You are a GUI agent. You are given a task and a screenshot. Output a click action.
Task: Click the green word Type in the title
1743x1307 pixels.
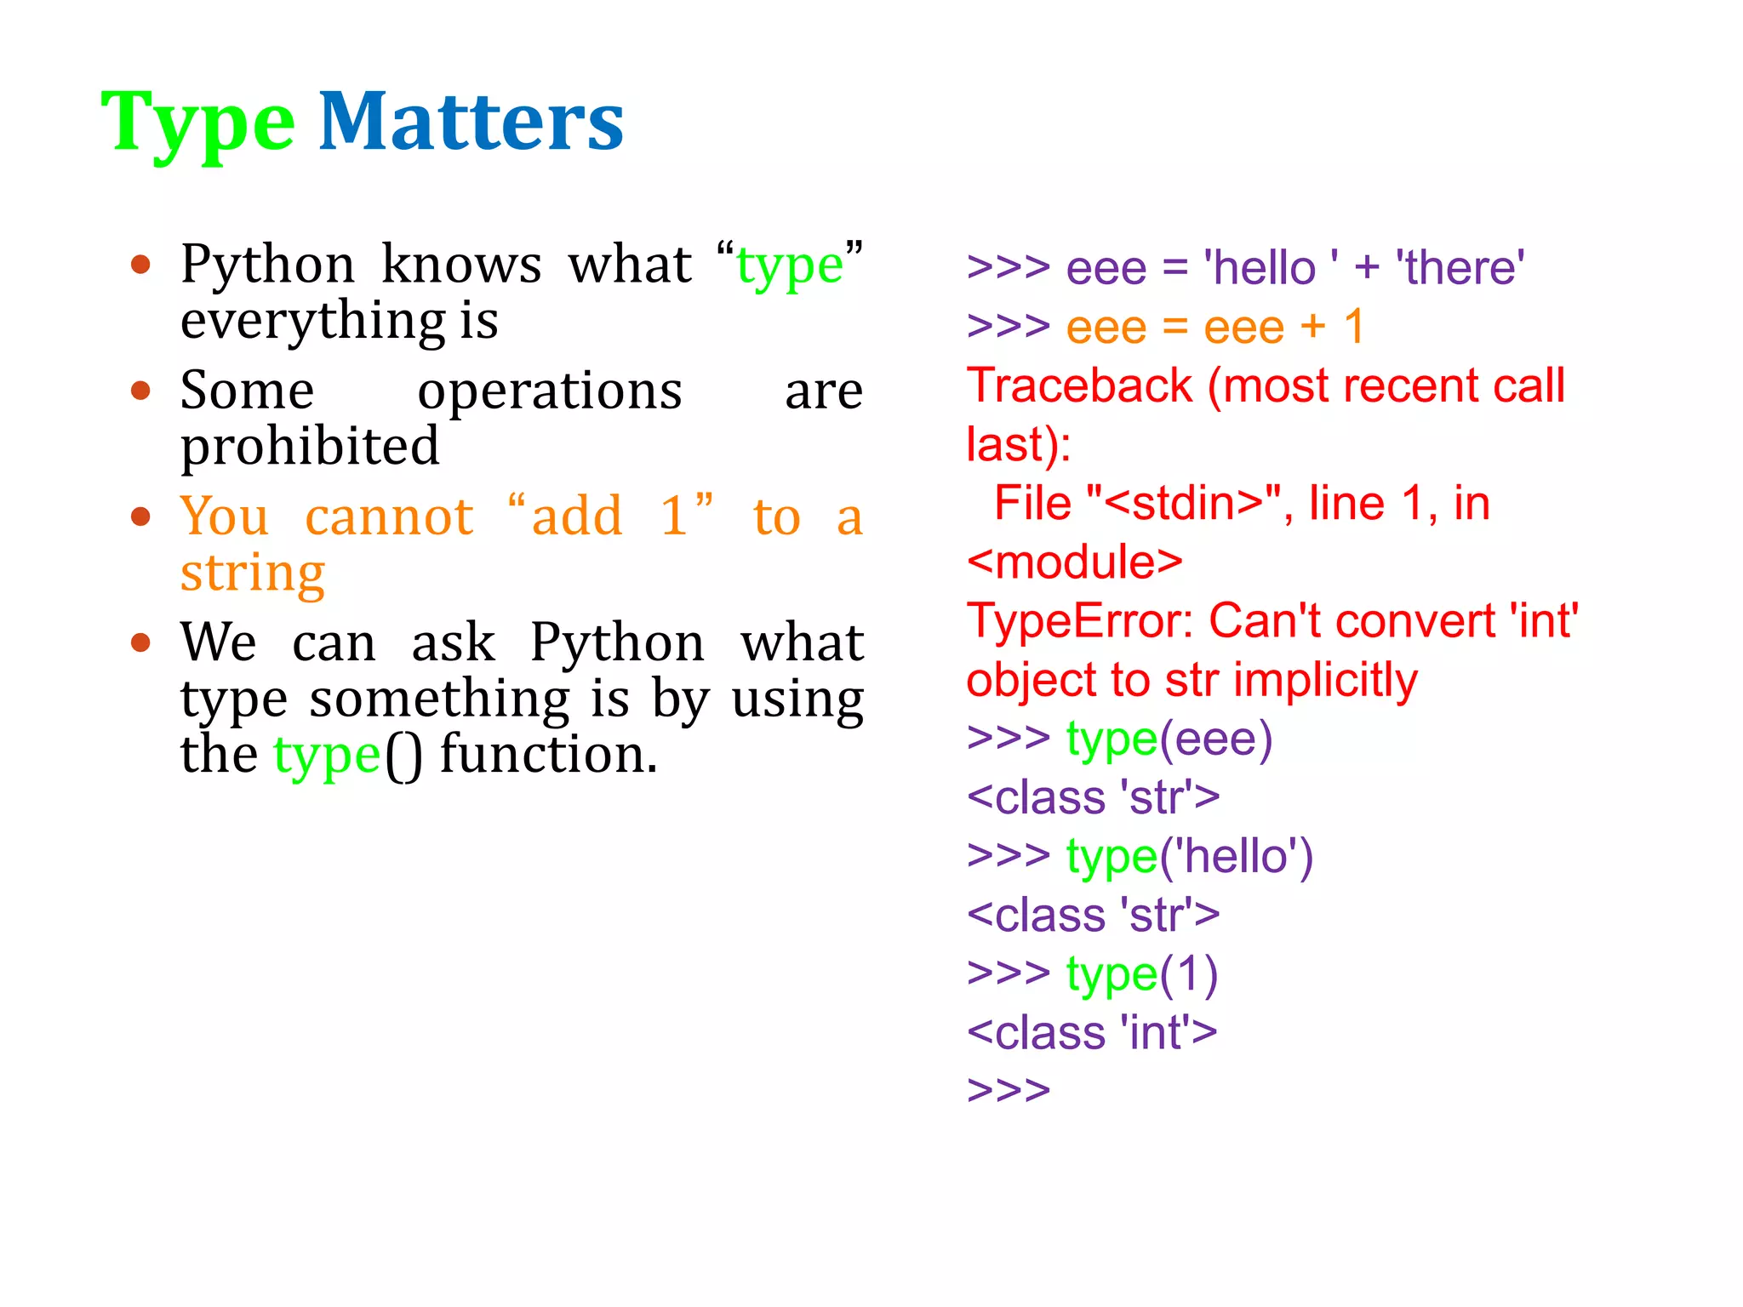(197, 123)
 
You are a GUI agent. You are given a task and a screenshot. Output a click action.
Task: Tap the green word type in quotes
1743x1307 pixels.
(789, 265)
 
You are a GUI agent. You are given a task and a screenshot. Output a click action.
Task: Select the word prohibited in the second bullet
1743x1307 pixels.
(310, 447)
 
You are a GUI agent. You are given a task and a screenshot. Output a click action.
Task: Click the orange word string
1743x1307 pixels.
(253, 573)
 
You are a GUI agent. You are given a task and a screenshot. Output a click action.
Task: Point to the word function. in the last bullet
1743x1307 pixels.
(549, 755)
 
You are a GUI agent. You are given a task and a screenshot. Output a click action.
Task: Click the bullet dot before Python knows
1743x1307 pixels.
(141, 265)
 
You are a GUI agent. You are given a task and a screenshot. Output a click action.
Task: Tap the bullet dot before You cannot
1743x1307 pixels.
(141, 517)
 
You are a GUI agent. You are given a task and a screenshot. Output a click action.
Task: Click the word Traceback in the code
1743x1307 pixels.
(1079, 385)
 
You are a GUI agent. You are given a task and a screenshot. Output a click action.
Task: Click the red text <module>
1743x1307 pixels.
(1074, 562)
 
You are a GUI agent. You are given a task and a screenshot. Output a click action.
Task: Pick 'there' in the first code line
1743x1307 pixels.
(1459, 268)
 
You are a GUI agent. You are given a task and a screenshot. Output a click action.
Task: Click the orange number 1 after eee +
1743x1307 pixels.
(1354, 327)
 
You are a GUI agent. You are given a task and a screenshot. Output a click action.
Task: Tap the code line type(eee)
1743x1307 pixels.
(1169, 739)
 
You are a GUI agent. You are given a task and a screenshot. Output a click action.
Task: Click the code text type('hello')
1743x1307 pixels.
(1189, 856)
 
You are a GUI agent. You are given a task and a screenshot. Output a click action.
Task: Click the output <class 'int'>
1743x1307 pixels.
(1092, 1032)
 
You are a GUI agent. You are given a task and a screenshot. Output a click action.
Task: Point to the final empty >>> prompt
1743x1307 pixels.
(1009, 1090)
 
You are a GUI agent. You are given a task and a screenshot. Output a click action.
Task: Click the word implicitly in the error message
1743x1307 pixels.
(1325, 680)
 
